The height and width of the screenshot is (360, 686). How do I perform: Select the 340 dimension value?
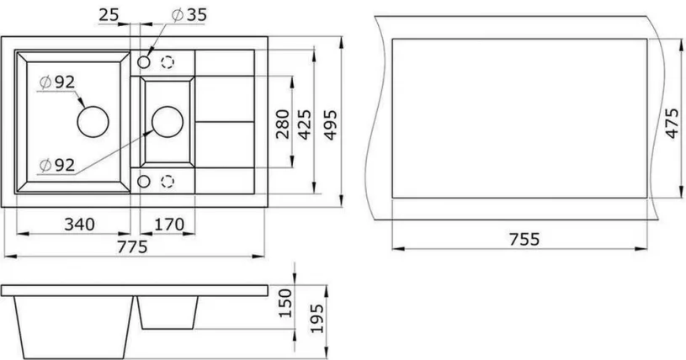click(77, 224)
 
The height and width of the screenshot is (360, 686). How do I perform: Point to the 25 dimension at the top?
click(108, 14)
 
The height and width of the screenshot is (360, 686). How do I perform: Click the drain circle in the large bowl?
click(93, 121)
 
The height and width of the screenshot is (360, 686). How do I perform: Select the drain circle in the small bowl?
click(167, 121)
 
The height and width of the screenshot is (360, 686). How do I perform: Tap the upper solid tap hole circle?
click(145, 62)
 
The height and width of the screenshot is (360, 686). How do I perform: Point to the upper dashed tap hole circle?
click(168, 62)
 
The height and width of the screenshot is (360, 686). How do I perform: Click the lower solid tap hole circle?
click(145, 181)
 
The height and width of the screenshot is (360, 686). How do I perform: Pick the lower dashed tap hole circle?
click(168, 181)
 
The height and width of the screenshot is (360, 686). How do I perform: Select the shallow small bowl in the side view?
click(168, 313)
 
